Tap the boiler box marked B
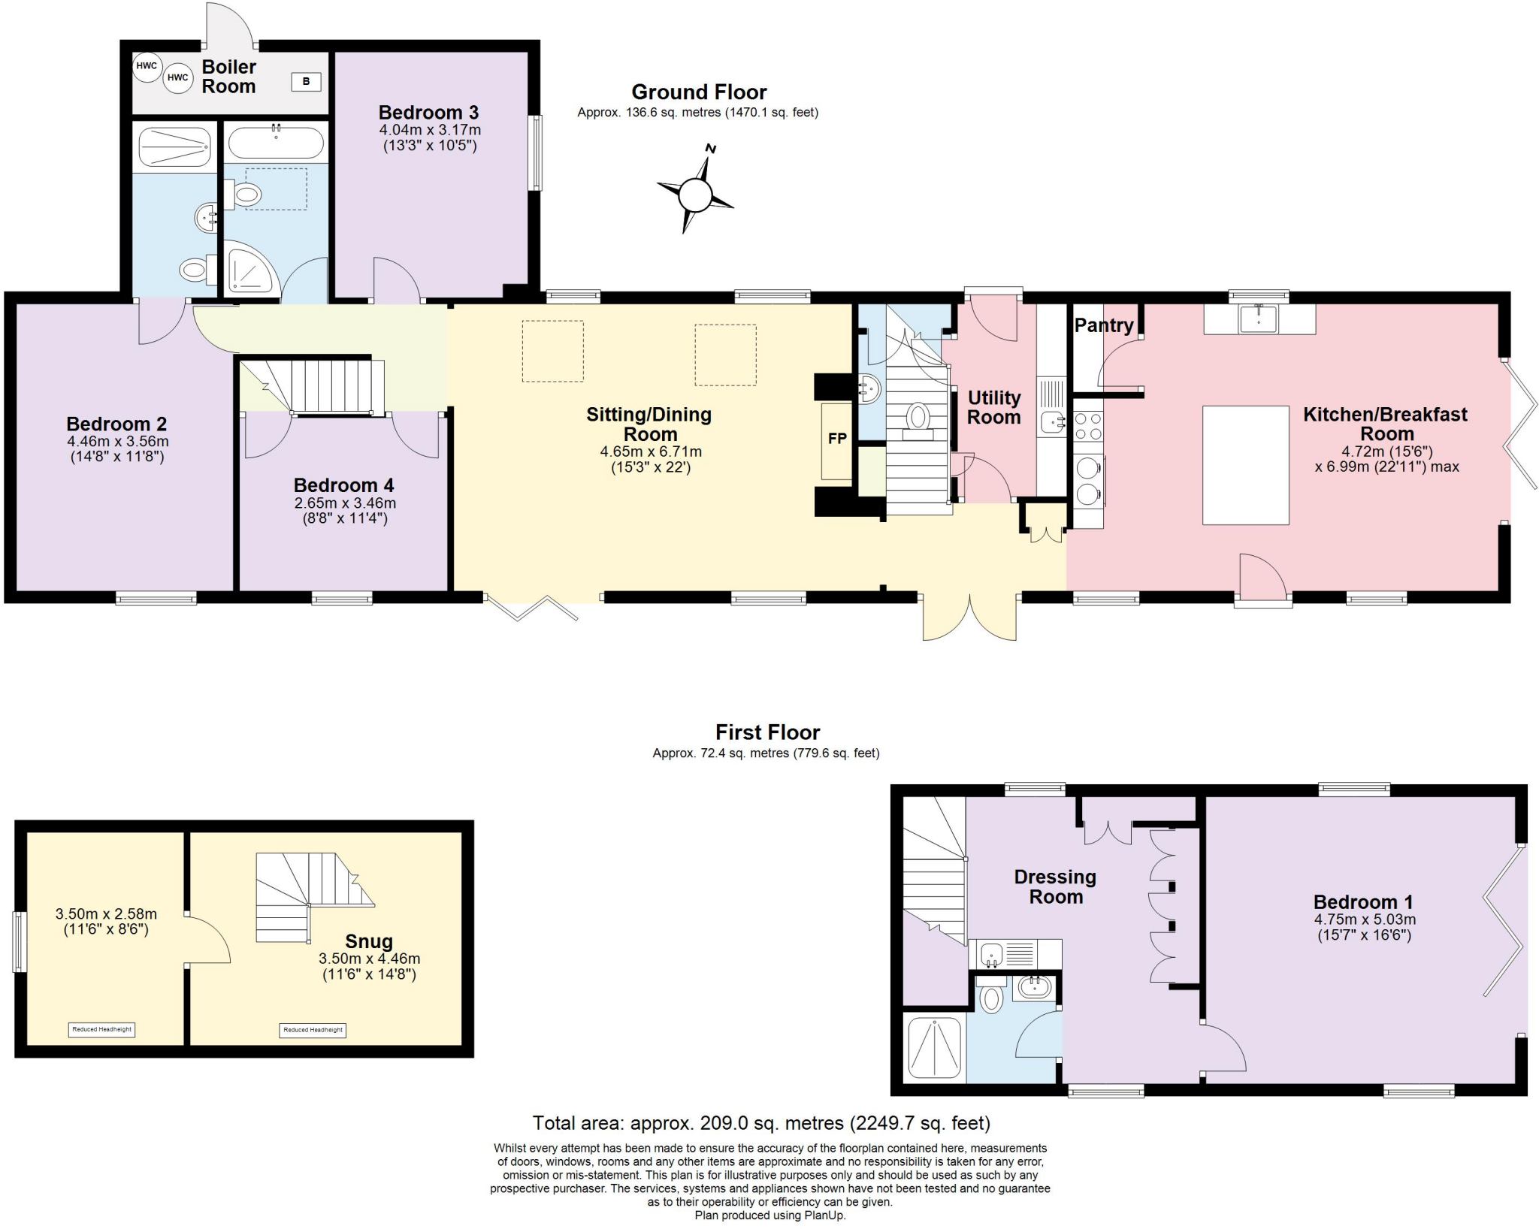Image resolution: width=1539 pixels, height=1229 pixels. (306, 82)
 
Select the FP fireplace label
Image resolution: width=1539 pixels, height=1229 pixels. (837, 439)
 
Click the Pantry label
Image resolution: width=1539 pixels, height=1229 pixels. (1103, 325)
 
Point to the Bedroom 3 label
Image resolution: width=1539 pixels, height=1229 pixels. (428, 113)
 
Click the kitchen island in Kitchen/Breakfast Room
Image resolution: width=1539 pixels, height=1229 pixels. (1245, 465)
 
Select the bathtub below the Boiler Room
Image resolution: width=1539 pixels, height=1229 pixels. (276, 142)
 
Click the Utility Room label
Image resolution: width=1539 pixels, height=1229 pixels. (993, 407)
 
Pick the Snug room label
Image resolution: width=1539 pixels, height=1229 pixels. (368, 941)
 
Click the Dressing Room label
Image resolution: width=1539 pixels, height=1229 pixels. (1055, 886)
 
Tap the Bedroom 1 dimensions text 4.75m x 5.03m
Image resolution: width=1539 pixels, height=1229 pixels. (1364, 919)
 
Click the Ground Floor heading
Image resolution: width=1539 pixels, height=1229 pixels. (698, 92)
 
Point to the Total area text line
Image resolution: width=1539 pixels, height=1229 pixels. (761, 1123)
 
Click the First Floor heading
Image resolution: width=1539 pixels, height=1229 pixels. (767, 732)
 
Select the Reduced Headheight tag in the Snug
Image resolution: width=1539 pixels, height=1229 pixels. (313, 1030)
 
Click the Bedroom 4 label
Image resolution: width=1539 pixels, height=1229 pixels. (344, 485)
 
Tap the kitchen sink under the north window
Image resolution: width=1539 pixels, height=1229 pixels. (1257, 319)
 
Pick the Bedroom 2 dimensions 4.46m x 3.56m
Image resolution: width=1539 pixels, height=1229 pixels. (118, 442)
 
